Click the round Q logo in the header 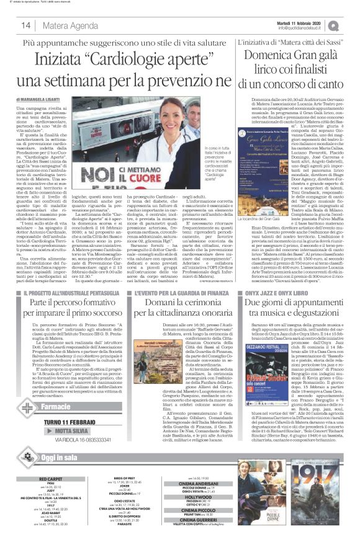point(351,24)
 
